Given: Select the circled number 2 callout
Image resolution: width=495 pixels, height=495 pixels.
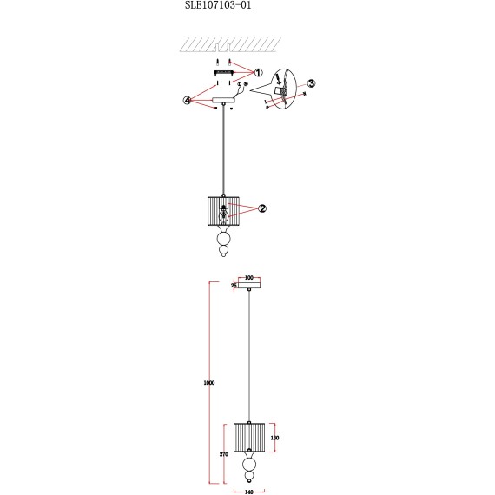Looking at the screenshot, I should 261,208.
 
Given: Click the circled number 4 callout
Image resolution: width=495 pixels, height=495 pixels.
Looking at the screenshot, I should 187,100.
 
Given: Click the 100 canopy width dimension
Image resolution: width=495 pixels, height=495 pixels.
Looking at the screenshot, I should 248,277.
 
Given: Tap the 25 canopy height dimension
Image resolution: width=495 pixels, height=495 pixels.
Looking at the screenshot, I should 234,284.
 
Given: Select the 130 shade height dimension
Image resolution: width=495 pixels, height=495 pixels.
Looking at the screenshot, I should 274,439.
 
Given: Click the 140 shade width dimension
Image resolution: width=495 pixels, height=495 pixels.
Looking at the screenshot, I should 248,492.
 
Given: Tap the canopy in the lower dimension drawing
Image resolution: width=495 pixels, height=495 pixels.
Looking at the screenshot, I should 248,285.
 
